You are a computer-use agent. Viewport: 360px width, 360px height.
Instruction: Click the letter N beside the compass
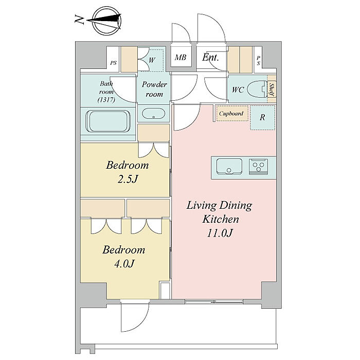[79, 20]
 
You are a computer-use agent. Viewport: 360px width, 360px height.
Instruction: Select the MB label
[181, 57]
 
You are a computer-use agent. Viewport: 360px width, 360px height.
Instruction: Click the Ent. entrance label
[210, 57]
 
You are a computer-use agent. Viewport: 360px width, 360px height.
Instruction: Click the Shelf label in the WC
[272, 89]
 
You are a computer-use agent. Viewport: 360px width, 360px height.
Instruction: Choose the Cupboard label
[231, 114]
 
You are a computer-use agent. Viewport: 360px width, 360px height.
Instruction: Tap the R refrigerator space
[262, 117]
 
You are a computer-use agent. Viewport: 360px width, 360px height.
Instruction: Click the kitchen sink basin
[229, 167]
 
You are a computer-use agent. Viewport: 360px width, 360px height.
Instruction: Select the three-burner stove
[259, 166]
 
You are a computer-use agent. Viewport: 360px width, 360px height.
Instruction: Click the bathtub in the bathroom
[108, 121]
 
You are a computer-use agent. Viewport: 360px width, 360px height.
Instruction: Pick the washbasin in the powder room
[153, 113]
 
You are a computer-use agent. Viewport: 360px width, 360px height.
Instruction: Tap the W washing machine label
[152, 60]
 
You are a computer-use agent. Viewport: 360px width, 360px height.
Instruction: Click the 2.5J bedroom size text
[128, 179]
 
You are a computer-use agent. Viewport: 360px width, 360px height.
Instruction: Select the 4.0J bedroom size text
[124, 264]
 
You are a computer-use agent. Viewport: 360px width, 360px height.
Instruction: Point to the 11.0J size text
[220, 233]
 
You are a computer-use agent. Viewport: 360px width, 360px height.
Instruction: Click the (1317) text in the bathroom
[106, 100]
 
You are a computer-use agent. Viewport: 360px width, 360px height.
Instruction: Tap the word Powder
[154, 84]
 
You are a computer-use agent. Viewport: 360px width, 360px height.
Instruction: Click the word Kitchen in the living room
[221, 219]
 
